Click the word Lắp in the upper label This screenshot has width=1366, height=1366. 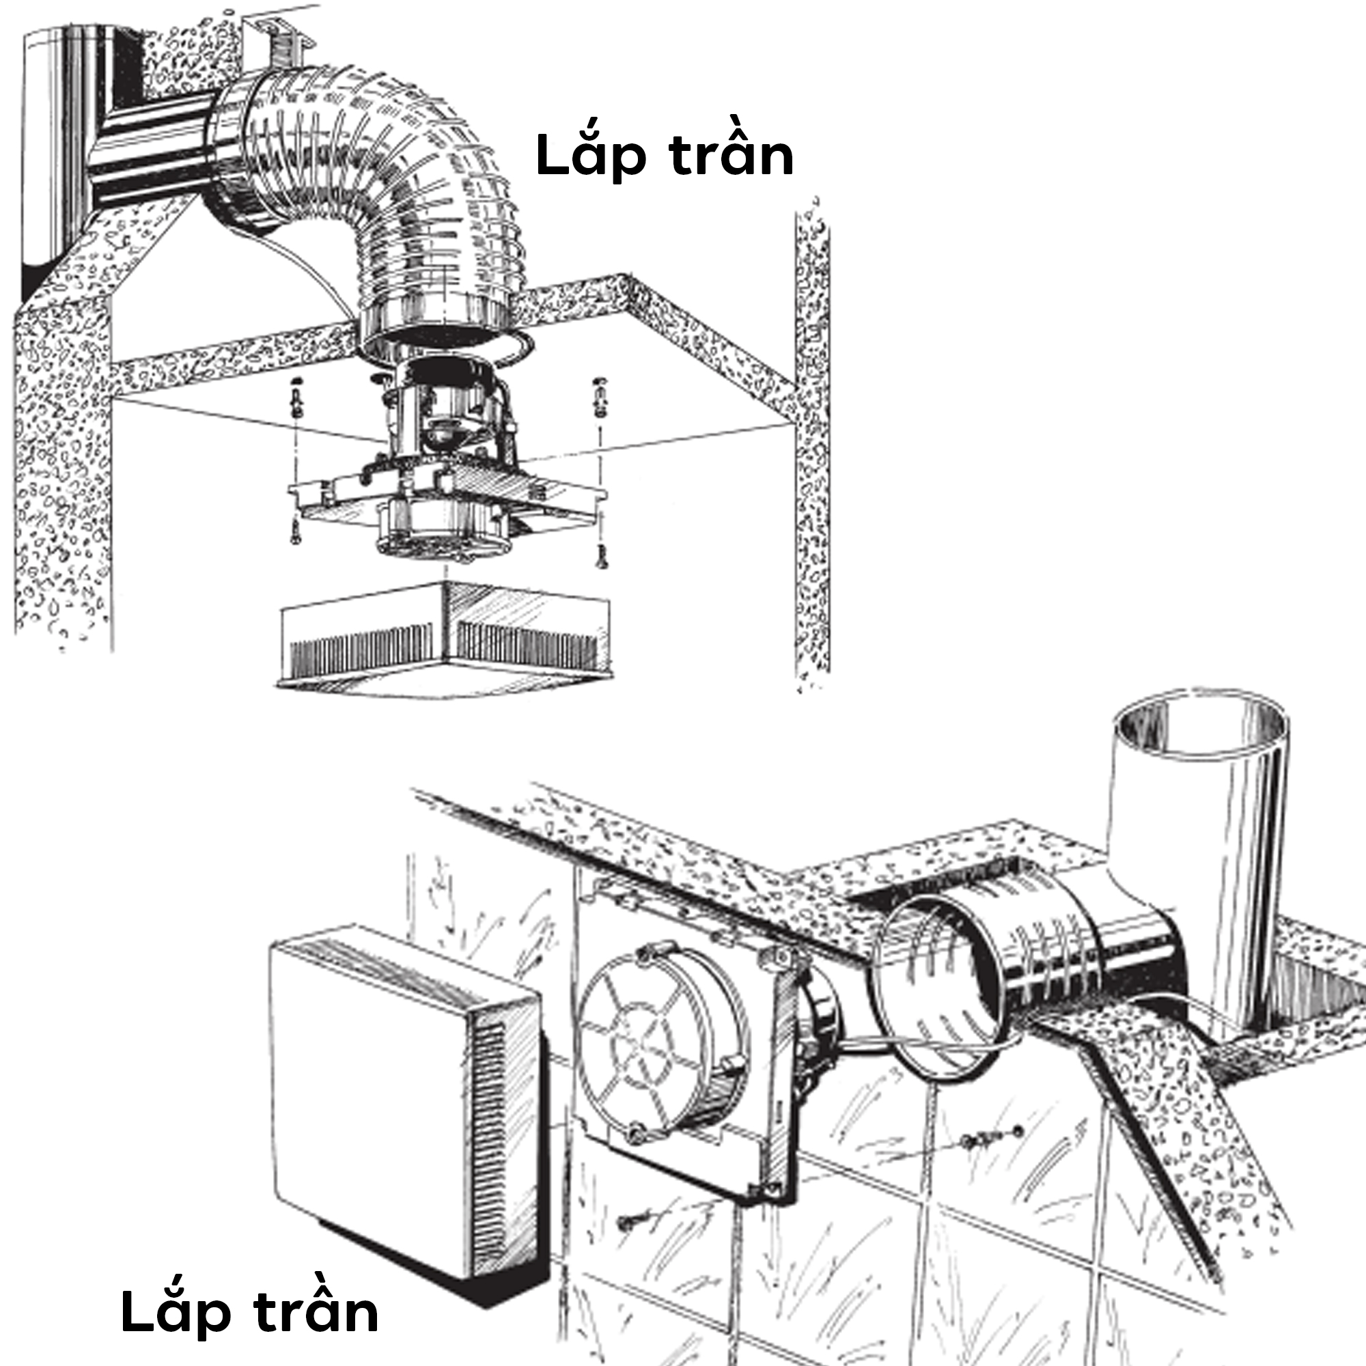coord(590,156)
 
